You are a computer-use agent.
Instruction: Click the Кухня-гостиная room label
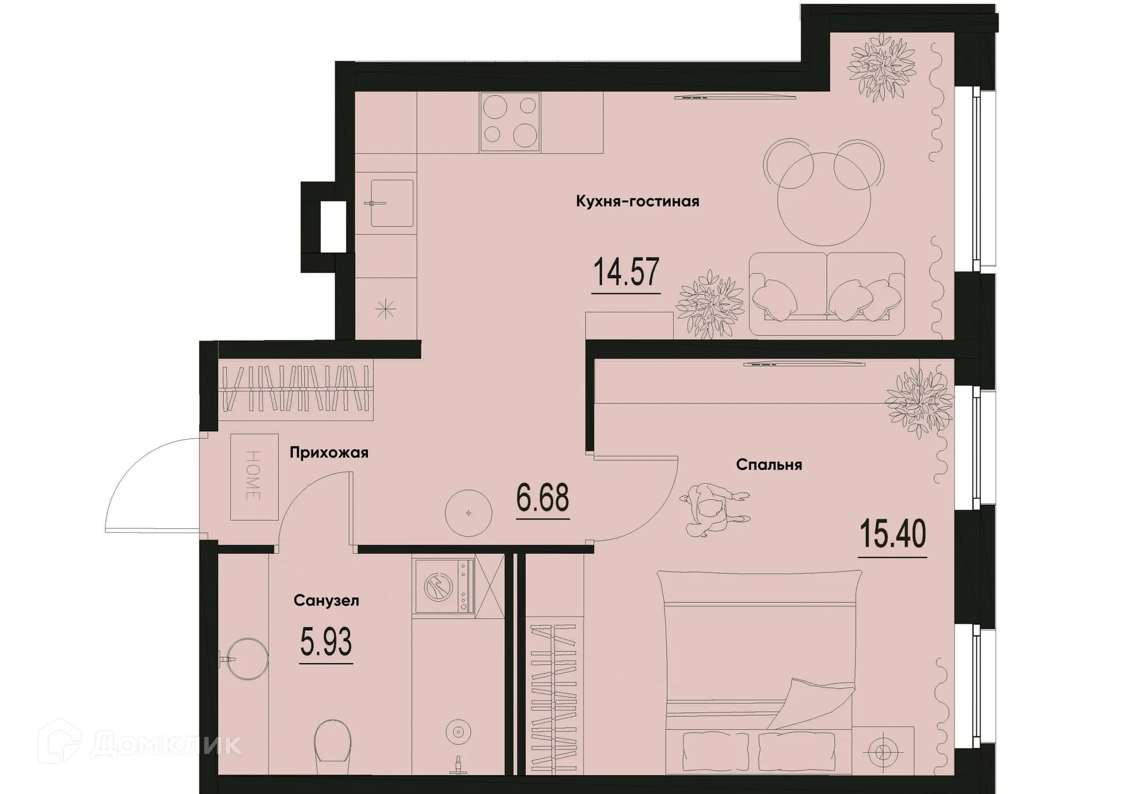click(638, 202)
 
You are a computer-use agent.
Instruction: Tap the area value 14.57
click(626, 273)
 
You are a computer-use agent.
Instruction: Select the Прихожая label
click(329, 453)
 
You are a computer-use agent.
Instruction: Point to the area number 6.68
click(543, 499)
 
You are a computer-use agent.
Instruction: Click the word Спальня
click(769, 465)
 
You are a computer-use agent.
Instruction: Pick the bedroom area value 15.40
click(893, 535)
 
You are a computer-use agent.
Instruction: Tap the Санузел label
click(326, 601)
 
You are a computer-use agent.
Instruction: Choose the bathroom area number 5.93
click(326, 642)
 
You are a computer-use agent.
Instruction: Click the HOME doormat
click(254, 477)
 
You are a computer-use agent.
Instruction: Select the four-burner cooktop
click(510, 122)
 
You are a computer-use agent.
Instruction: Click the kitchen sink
click(391, 203)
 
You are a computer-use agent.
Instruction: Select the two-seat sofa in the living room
click(826, 294)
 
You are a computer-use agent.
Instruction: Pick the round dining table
click(824, 199)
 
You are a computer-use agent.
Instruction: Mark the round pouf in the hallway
click(468, 513)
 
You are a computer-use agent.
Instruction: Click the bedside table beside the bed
click(883, 751)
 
